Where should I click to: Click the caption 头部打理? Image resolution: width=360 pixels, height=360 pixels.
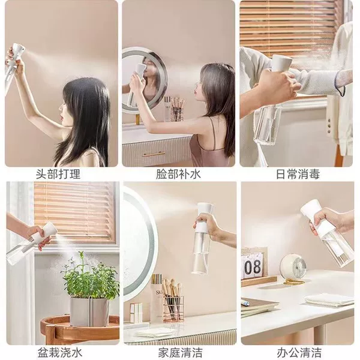(58, 174)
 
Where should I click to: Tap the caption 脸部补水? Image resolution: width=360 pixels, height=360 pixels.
(178, 174)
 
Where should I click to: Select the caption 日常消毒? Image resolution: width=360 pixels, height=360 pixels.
(298, 174)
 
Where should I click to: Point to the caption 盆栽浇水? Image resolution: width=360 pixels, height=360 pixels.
(60, 352)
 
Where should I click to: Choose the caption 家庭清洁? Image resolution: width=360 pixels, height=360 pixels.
(180, 352)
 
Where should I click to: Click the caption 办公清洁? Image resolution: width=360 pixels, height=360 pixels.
(299, 352)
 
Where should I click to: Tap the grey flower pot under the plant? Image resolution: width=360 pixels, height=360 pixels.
(89, 311)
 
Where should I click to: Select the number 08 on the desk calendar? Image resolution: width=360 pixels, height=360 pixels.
(253, 267)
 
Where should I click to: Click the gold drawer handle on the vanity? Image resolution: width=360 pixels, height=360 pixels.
(154, 154)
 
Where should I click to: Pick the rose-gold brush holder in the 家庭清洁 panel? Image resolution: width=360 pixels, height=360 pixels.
(174, 309)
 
